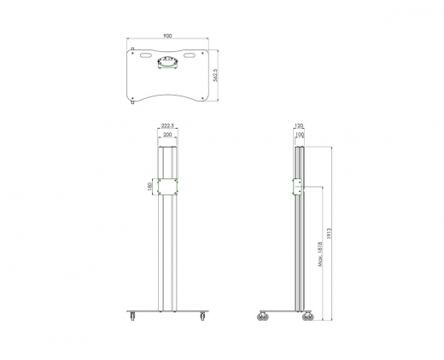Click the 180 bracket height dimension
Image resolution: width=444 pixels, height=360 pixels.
point(150,186)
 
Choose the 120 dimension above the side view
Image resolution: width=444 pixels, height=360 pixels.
point(299,126)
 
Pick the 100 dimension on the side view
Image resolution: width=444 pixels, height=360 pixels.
point(299,135)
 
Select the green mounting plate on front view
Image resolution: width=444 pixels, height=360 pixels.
point(167,186)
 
